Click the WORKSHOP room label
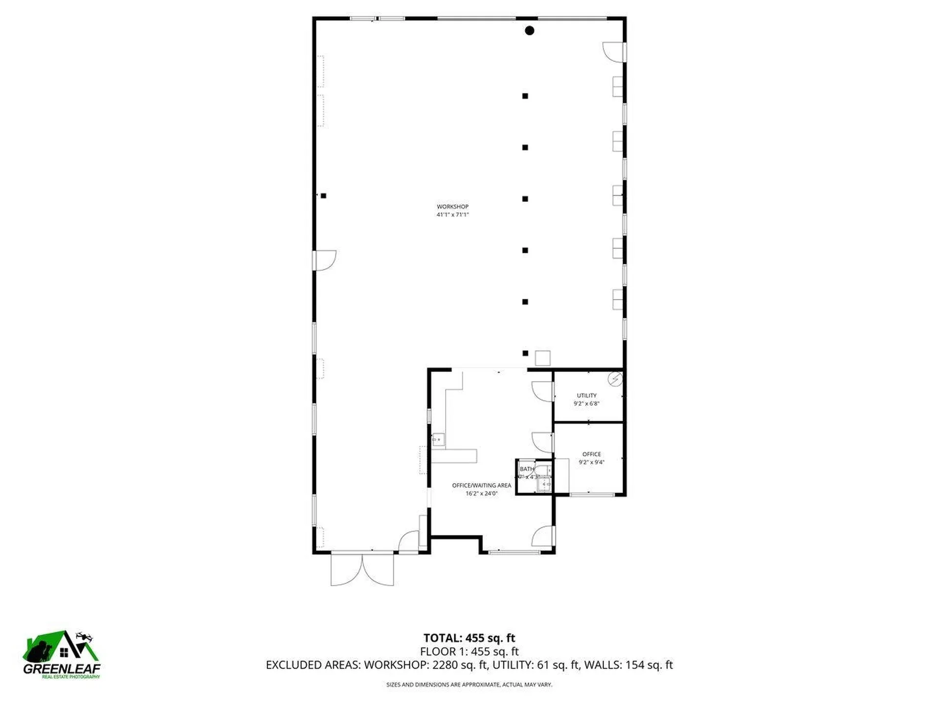point(452,207)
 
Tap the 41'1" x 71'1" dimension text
point(452,215)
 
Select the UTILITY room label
point(586,396)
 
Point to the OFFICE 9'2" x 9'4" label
point(591,458)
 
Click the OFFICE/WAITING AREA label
point(482,485)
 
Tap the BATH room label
point(527,469)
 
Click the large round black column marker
point(529,31)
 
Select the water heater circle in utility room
point(615,379)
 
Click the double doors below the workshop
point(362,570)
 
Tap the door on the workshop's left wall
point(324,260)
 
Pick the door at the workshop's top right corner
point(613,52)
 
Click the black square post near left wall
point(323,196)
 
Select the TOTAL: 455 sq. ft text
point(469,638)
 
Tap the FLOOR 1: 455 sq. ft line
point(469,651)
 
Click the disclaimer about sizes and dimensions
point(469,684)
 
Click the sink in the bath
point(544,484)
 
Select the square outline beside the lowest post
point(542,358)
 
